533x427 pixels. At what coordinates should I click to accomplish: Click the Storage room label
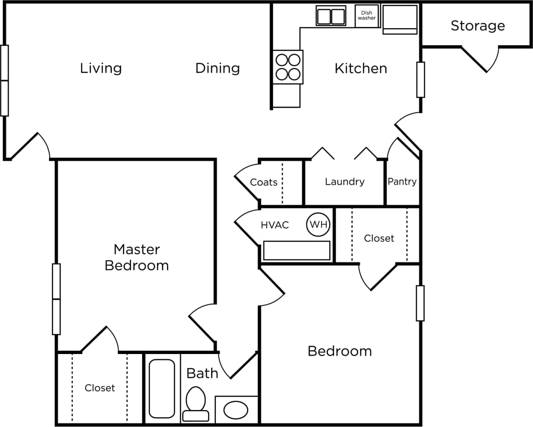click(x=478, y=26)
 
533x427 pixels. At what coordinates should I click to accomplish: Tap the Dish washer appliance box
click(x=367, y=16)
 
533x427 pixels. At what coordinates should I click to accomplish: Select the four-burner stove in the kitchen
click(x=288, y=67)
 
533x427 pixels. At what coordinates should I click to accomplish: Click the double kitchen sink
click(x=331, y=16)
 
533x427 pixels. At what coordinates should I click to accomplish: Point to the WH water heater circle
click(x=318, y=225)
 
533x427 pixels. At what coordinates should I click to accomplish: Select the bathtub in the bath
click(x=162, y=389)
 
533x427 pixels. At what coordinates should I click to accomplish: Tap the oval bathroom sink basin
click(x=235, y=410)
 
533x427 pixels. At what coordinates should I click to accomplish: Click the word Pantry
click(x=402, y=181)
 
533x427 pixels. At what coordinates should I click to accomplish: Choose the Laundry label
click(x=345, y=182)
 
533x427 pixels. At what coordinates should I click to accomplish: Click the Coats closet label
click(x=264, y=182)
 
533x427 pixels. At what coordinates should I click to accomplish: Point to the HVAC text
click(x=275, y=225)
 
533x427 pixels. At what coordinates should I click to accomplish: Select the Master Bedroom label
click(x=137, y=257)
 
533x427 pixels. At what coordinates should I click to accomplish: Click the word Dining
click(x=217, y=68)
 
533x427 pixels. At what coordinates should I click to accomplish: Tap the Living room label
click(x=101, y=68)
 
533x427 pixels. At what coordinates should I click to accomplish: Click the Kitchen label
click(x=361, y=68)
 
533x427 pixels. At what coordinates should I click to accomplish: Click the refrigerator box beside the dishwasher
click(x=400, y=19)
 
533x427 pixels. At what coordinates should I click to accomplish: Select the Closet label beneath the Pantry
click(x=379, y=238)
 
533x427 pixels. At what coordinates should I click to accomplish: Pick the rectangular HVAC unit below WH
click(x=297, y=250)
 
